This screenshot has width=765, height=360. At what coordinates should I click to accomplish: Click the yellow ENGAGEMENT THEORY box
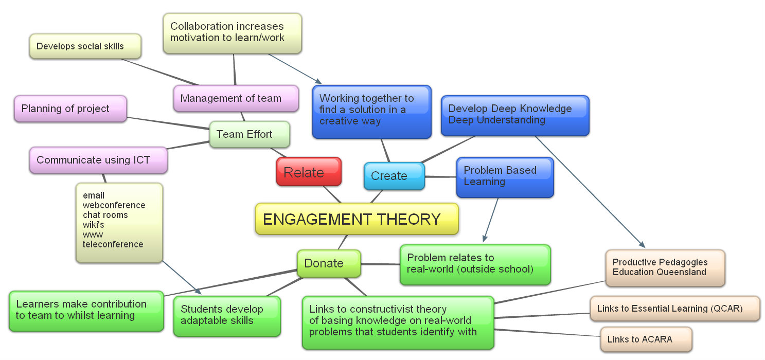click(356, 219)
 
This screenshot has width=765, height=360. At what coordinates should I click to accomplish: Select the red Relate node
click(309, 172)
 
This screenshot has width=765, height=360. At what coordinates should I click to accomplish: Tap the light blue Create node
click(394, 176)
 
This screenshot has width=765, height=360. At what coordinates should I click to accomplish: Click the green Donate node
click(328, 263)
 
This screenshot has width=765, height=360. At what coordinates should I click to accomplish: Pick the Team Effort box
click(249, 134)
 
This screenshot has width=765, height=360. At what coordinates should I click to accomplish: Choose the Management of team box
click(236, 98)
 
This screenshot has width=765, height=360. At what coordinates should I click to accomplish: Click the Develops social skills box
click(85, 46)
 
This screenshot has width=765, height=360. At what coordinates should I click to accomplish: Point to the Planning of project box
click(70, 109)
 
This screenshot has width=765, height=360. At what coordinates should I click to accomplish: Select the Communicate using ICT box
click(98, 160)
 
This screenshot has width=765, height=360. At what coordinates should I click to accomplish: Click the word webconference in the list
click(114, 205)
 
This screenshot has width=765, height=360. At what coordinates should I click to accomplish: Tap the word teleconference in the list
click(113, 244)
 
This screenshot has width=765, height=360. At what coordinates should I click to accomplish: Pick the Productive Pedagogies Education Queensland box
click(665, 267)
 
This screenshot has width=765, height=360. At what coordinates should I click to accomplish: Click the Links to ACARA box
click(646, 339)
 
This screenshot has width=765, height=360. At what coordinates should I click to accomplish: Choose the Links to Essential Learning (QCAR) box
click(674, 309)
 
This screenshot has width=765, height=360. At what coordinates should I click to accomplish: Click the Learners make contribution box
click(86, 310)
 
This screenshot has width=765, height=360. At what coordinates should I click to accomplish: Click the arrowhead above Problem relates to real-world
click(484, 238)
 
